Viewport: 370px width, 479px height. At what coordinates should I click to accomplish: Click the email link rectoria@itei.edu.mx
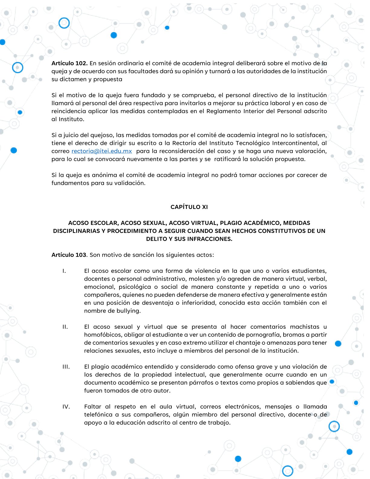102,151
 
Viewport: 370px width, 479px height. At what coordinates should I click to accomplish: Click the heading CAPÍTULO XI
189,207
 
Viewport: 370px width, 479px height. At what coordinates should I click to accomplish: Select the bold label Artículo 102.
70,64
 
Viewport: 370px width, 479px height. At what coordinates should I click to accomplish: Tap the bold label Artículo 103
69,255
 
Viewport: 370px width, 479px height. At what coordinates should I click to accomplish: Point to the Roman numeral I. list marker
64,271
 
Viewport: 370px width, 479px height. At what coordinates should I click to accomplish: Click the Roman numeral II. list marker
65,327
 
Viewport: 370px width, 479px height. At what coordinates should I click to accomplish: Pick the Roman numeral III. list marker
66,367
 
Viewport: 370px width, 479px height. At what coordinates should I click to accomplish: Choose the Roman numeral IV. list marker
66,407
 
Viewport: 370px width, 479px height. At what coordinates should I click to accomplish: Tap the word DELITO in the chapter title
157,239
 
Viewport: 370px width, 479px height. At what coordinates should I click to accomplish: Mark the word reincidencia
69,111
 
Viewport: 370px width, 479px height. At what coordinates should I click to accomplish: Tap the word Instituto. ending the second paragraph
71,119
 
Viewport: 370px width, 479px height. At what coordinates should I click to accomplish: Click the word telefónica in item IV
97,415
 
